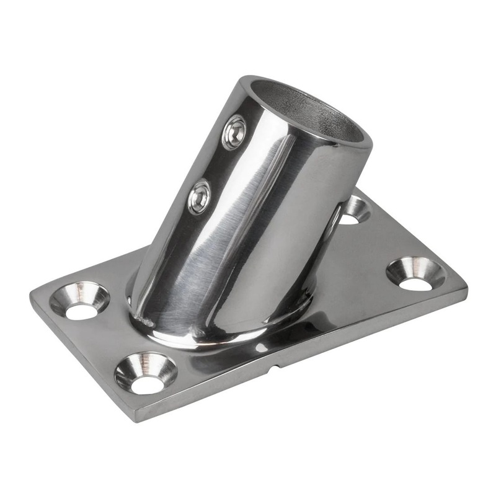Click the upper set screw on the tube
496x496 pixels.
click(x=235, y=131)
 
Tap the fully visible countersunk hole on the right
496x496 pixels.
click(x=415, y=273)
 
